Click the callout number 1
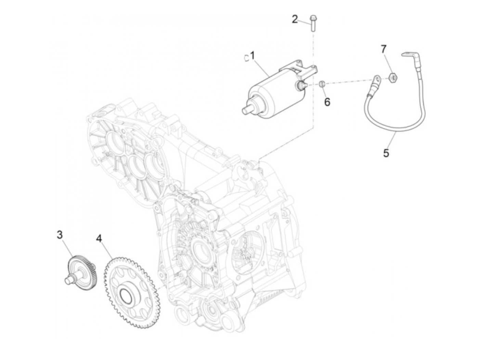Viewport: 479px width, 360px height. click(253, 55)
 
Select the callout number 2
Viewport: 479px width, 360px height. click(295, 20)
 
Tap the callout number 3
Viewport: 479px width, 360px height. click(60, 235)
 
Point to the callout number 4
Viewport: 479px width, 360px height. click(99, 238)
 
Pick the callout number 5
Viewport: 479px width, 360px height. click(386, 153)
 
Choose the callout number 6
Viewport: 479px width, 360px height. click(327, 102)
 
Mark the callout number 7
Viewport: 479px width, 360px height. click(384, 49)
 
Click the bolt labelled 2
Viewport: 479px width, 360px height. click(312, 23)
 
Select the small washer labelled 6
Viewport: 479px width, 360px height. click(322, 83)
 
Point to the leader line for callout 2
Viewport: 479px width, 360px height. click(304, 22)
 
